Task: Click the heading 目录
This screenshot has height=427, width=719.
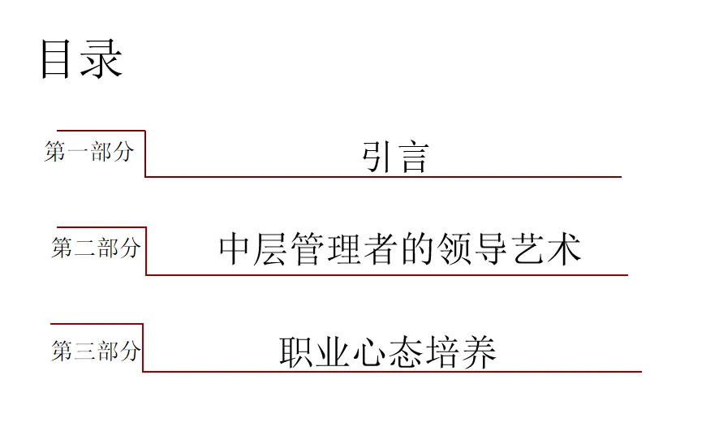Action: click(x=80, y=60)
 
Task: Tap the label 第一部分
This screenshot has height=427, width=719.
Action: click(x=88, y=152)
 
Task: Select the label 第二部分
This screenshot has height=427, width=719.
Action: click(x=96, y=248)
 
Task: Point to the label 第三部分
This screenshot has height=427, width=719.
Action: click(x=96, y=352)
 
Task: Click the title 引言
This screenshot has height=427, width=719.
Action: click(x=394, y=157)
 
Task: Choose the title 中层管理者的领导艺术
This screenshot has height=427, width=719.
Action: click(x=400, y=249)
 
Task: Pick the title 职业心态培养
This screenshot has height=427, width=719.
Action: click(x=388, y=353)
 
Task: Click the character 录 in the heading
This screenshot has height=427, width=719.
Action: click(x=101, y=60)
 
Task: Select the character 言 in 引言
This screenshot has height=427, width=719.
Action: click(x=412, y=157)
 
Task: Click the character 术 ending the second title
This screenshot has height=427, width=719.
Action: click(x=565, y=249)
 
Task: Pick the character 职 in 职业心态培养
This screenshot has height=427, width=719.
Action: click(x=297, y=353)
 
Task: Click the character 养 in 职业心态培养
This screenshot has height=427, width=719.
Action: click(x=479, y=353)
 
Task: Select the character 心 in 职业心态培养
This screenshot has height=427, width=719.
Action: click(x=370, y=353)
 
